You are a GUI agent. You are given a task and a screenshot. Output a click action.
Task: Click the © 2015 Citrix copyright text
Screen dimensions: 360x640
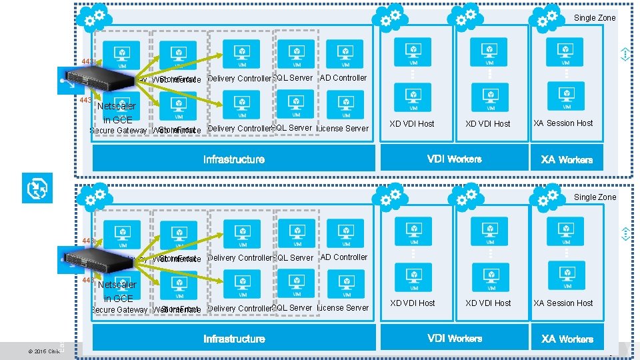[x=44, y=351]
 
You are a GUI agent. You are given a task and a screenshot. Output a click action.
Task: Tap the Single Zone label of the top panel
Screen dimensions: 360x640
[x=595, y=18]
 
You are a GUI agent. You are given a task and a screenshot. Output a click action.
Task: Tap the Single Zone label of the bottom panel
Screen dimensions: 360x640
[x=595, y=197]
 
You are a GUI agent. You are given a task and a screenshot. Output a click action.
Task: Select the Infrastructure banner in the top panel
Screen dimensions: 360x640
[x=233, y=159]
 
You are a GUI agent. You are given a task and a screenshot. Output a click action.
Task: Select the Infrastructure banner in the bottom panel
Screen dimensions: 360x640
[x=233, y=339]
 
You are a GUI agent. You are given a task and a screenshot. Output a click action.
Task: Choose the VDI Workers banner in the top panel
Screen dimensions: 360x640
[x=454, y=159]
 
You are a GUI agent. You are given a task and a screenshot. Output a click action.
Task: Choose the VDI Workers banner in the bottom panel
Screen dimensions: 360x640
[x=454, y=338]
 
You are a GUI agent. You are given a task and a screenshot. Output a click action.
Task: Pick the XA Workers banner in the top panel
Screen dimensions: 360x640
[x=567, y=159]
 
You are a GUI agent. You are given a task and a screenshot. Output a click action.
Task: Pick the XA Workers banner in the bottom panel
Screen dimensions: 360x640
[x=567, y=339]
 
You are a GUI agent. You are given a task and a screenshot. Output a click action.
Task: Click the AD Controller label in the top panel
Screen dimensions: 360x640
[x=344, y=78]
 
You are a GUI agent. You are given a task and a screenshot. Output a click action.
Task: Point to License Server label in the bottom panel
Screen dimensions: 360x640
[x=343, y=308]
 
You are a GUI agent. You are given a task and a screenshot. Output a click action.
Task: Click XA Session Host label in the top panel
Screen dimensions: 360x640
[x=563, y=123]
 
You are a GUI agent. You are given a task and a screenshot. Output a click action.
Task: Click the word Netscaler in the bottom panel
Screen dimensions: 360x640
[x=117, y=285]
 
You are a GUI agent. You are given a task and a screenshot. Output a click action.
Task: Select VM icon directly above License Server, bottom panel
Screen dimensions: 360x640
[x=345, y=285]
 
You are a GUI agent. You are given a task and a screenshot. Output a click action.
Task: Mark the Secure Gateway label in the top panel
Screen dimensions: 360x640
[x=119, y=131]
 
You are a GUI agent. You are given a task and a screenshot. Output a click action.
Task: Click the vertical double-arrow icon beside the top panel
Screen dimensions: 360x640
[x=625, y=55]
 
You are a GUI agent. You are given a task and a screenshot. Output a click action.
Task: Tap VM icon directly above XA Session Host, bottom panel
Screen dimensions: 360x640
[x=566, y=275]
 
